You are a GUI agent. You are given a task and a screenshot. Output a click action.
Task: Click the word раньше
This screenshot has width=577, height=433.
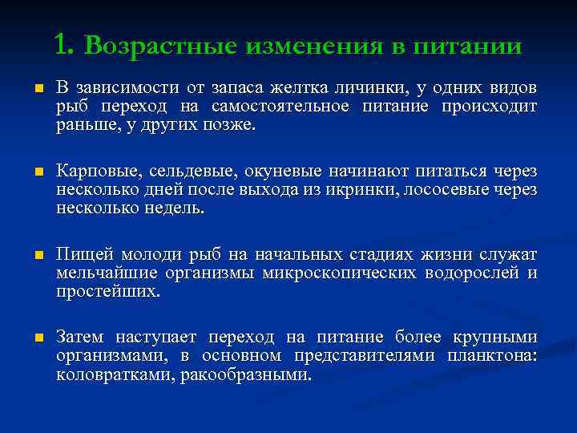[82, 125]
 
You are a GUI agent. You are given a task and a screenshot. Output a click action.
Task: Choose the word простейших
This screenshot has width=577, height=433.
[107, 293]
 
